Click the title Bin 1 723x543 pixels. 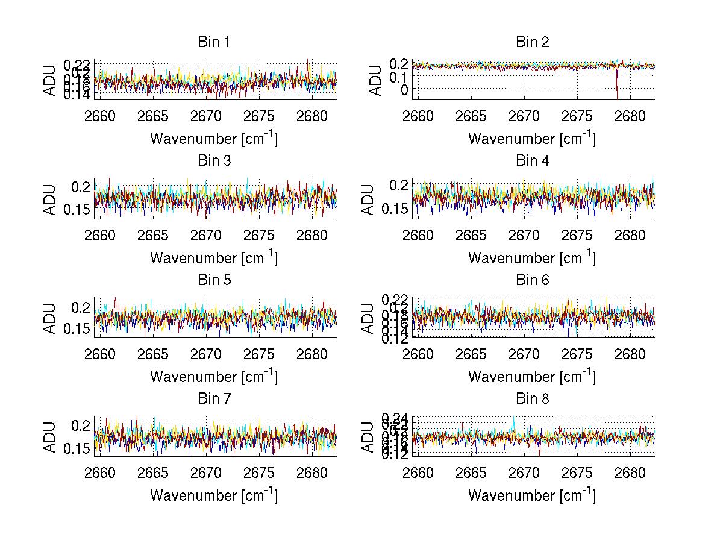click(214, 42)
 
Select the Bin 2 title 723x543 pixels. click(533, 42)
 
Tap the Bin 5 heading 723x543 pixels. click(214, 280)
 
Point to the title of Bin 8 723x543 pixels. click(533, 399)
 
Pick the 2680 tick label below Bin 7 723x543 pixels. click(313, 472)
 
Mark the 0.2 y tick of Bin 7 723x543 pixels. click(83, 425)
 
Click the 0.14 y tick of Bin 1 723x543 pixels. click(77, 95)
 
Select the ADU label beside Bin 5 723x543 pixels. click(50, 318)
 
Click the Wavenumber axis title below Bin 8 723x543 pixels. click(532, 495)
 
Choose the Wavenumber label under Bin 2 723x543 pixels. click(532, 139)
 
